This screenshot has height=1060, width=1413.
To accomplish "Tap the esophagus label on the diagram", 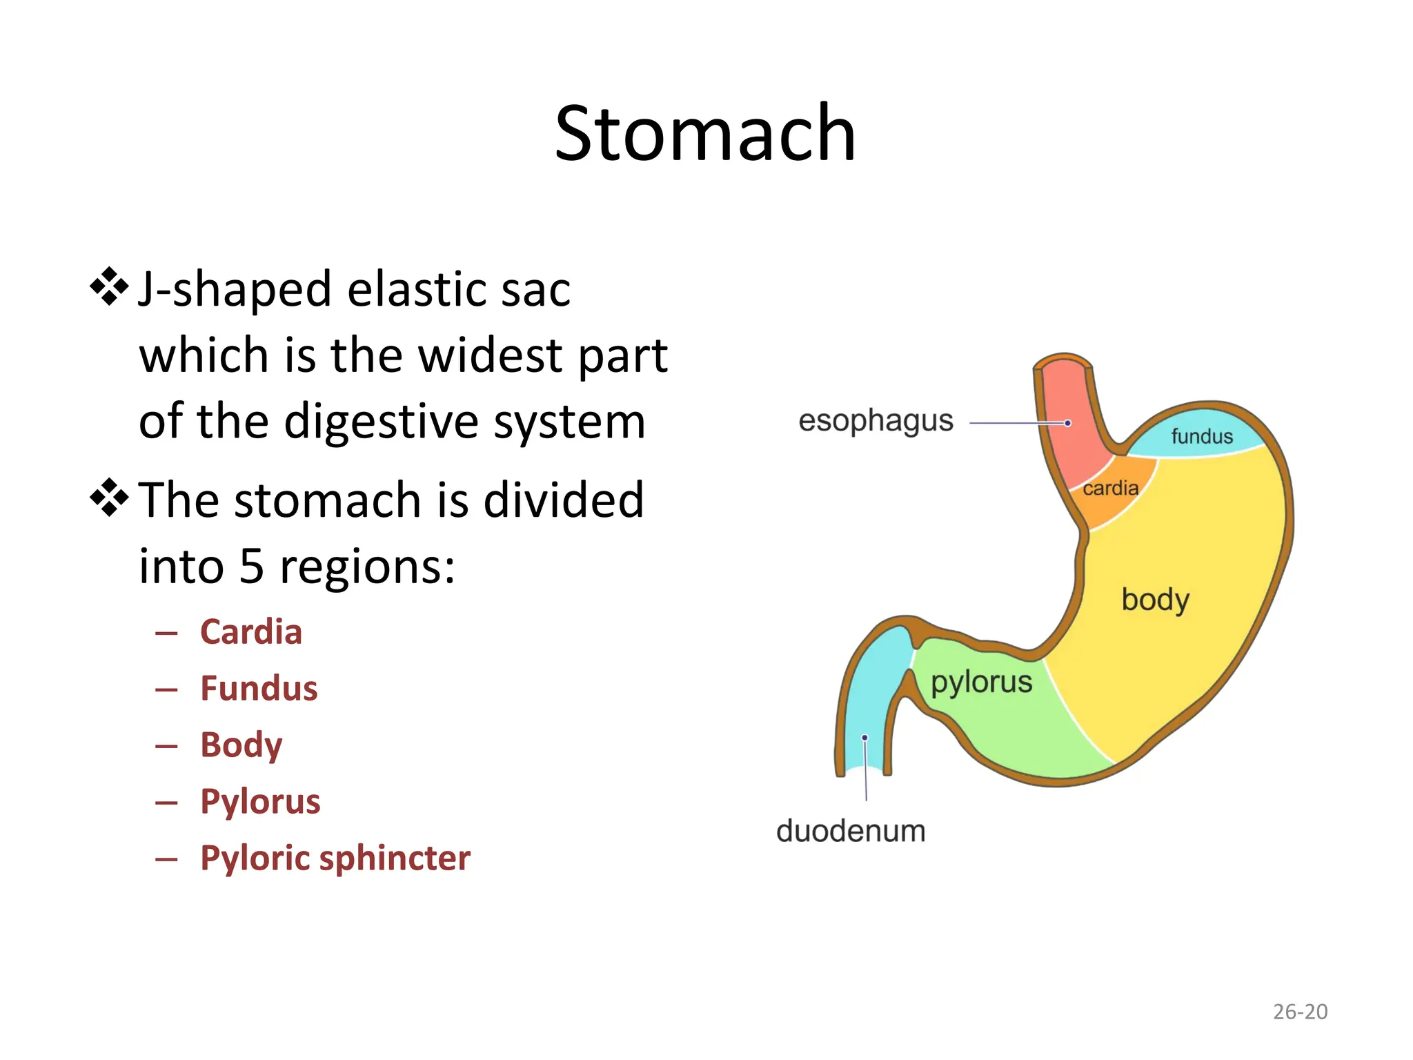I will (x=876, y=421).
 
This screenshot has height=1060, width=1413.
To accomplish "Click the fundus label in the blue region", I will (x=1201, y=436).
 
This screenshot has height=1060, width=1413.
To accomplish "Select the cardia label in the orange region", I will (x=1110, y=488).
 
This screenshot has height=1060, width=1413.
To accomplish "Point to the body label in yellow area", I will (x=1155, y=599).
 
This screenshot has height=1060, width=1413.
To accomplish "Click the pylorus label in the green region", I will (x=981, y=682).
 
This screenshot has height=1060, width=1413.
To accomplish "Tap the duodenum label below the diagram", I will (x=851, y=831).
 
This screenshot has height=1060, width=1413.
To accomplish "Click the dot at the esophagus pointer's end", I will (x=1067, y=423).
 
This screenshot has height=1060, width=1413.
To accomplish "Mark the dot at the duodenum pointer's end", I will (x=864, y=738).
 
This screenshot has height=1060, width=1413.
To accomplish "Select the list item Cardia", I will (x=251, y=632).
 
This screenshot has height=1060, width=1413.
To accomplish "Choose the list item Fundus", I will (x=259, y=689).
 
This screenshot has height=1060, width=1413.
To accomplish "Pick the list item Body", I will (x=241, y=745).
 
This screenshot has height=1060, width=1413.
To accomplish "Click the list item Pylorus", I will (x=260, y=802).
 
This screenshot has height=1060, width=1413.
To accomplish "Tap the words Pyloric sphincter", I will (x=335, y=858).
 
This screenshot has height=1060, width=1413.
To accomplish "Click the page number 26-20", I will (x=1300, y=1012).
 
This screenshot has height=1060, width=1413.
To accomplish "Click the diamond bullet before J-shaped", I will (x=109, y=286).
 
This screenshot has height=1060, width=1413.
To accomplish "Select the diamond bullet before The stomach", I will (x=109, y=498).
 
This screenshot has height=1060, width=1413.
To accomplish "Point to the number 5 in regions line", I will (x=252, y=567).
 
